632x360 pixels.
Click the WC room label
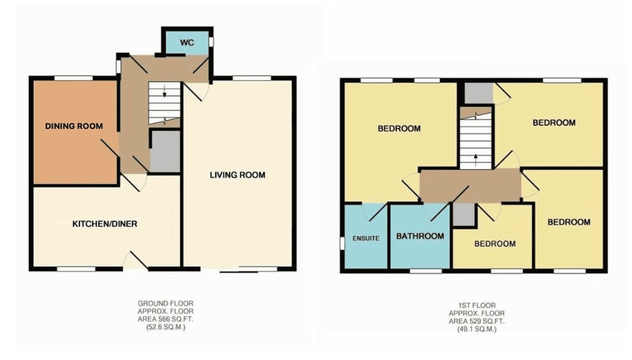tap(187, 43)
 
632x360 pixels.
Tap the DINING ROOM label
tap(74, 126)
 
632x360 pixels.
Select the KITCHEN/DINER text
tap(105, 223)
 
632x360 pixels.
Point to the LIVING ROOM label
tap(237, 175)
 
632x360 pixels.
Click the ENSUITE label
tap(366, 238)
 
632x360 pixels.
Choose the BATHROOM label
tap(420, 236)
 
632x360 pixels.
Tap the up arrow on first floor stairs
tap(476, 159)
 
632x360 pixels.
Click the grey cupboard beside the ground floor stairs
tap(165, 152)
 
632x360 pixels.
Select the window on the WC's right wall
tap(211, 42)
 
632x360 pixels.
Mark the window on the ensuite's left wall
tap(342, 244)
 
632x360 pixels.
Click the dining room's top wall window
tap(74, 78)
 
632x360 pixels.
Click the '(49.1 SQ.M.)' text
tap(477, 329)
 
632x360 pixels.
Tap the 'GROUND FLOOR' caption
tap(166, 303)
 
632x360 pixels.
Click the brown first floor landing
tap(470, 185)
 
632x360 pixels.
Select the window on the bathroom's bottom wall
tap(426, 271)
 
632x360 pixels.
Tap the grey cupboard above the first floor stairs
tap(479, 93)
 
